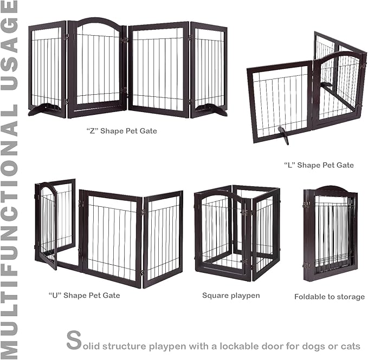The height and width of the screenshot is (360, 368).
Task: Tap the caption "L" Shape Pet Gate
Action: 319,165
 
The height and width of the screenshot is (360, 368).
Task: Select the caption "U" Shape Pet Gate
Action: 84,296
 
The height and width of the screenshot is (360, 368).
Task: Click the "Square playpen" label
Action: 231,296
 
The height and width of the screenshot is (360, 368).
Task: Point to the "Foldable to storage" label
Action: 330,297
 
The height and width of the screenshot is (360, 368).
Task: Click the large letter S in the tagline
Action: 74,341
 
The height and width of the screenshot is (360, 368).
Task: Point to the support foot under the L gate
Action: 283,133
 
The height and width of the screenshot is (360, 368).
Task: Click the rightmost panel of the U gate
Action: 163,238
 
